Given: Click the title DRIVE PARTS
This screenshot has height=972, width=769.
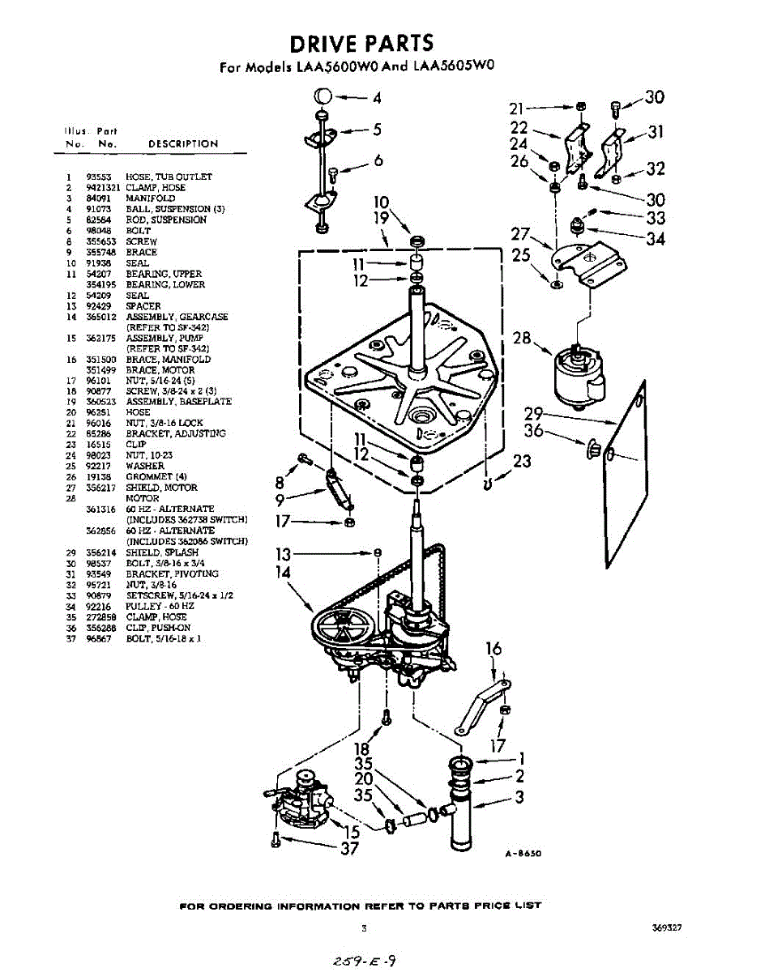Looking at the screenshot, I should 361,44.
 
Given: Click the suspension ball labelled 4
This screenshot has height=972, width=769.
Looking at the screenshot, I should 322,97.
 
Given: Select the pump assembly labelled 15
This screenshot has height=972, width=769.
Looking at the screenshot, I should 299,798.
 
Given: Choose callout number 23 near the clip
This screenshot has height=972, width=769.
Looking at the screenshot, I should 522,461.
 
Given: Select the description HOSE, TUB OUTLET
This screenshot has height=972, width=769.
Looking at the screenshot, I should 169,177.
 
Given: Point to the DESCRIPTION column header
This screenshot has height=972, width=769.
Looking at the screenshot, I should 182,144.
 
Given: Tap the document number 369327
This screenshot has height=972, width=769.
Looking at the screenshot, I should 666,928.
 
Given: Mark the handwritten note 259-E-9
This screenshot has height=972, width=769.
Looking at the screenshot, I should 363,961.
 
